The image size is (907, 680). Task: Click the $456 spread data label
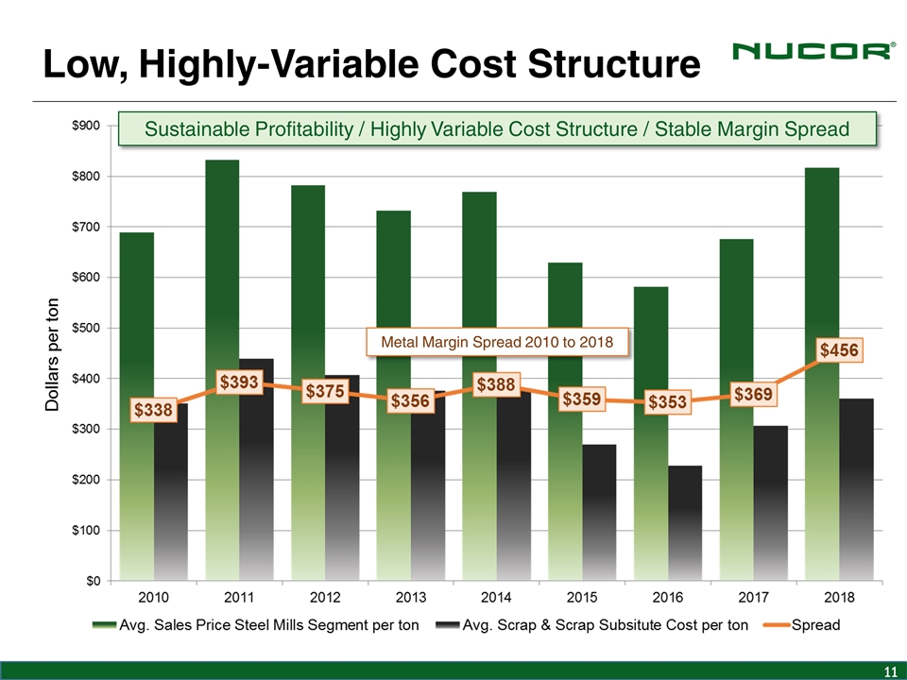pos(839,350)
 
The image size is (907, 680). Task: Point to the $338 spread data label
pos(152,411)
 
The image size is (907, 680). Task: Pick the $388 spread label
pos(496,385)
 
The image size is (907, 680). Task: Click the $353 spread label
pos(668,403)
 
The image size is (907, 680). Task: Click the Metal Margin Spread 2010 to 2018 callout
pos(497,342)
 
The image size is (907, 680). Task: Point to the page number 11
pos(889,671)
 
